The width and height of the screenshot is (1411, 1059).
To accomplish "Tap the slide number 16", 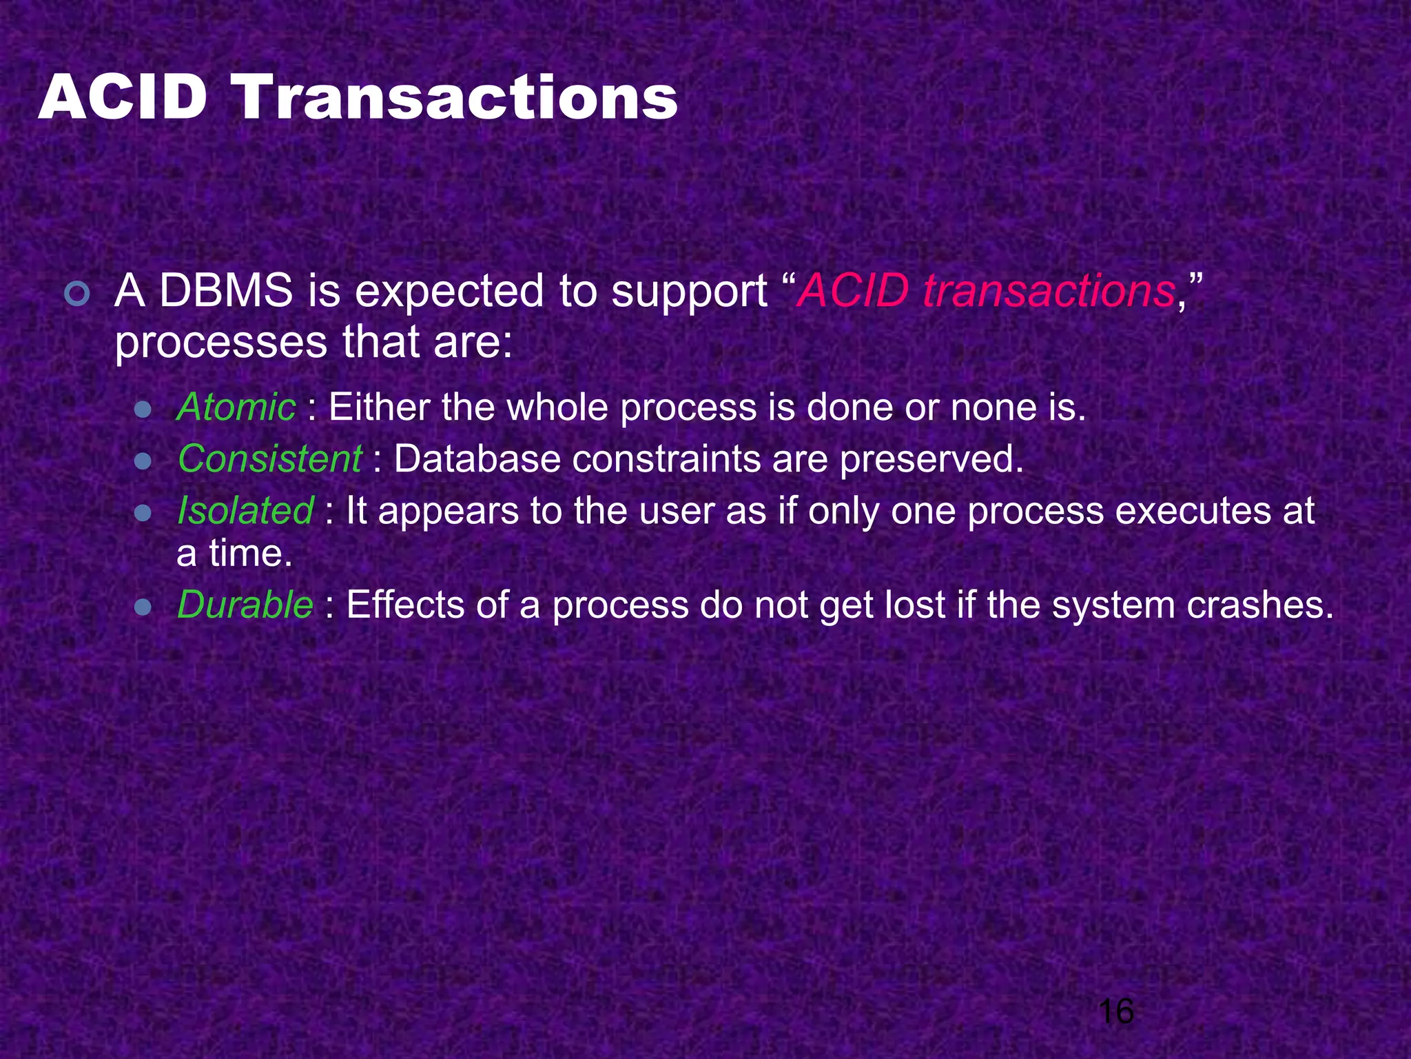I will click(x=1115, y=1011).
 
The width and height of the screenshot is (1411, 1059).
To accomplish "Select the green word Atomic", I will click(x=236, y=407).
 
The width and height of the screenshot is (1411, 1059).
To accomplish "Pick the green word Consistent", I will click(x=269, y=458).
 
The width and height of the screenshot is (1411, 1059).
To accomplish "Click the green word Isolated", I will click(x=245, y=510).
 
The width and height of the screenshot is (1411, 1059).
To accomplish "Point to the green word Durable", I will click(x=245, y=605).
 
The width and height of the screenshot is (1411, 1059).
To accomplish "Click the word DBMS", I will click(x=226, y=290).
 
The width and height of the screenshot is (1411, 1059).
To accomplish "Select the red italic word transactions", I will click(x=1049, y=290).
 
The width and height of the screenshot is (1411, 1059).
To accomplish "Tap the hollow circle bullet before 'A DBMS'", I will click(x=76, y=294).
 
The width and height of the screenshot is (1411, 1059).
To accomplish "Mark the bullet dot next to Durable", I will click(x=143, y=608).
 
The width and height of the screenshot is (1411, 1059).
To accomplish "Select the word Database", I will click(x=477, y=458).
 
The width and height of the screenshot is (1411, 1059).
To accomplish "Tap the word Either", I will click(x=379, y=407).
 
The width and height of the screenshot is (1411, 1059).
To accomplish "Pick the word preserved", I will click(x=931, y=460).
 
